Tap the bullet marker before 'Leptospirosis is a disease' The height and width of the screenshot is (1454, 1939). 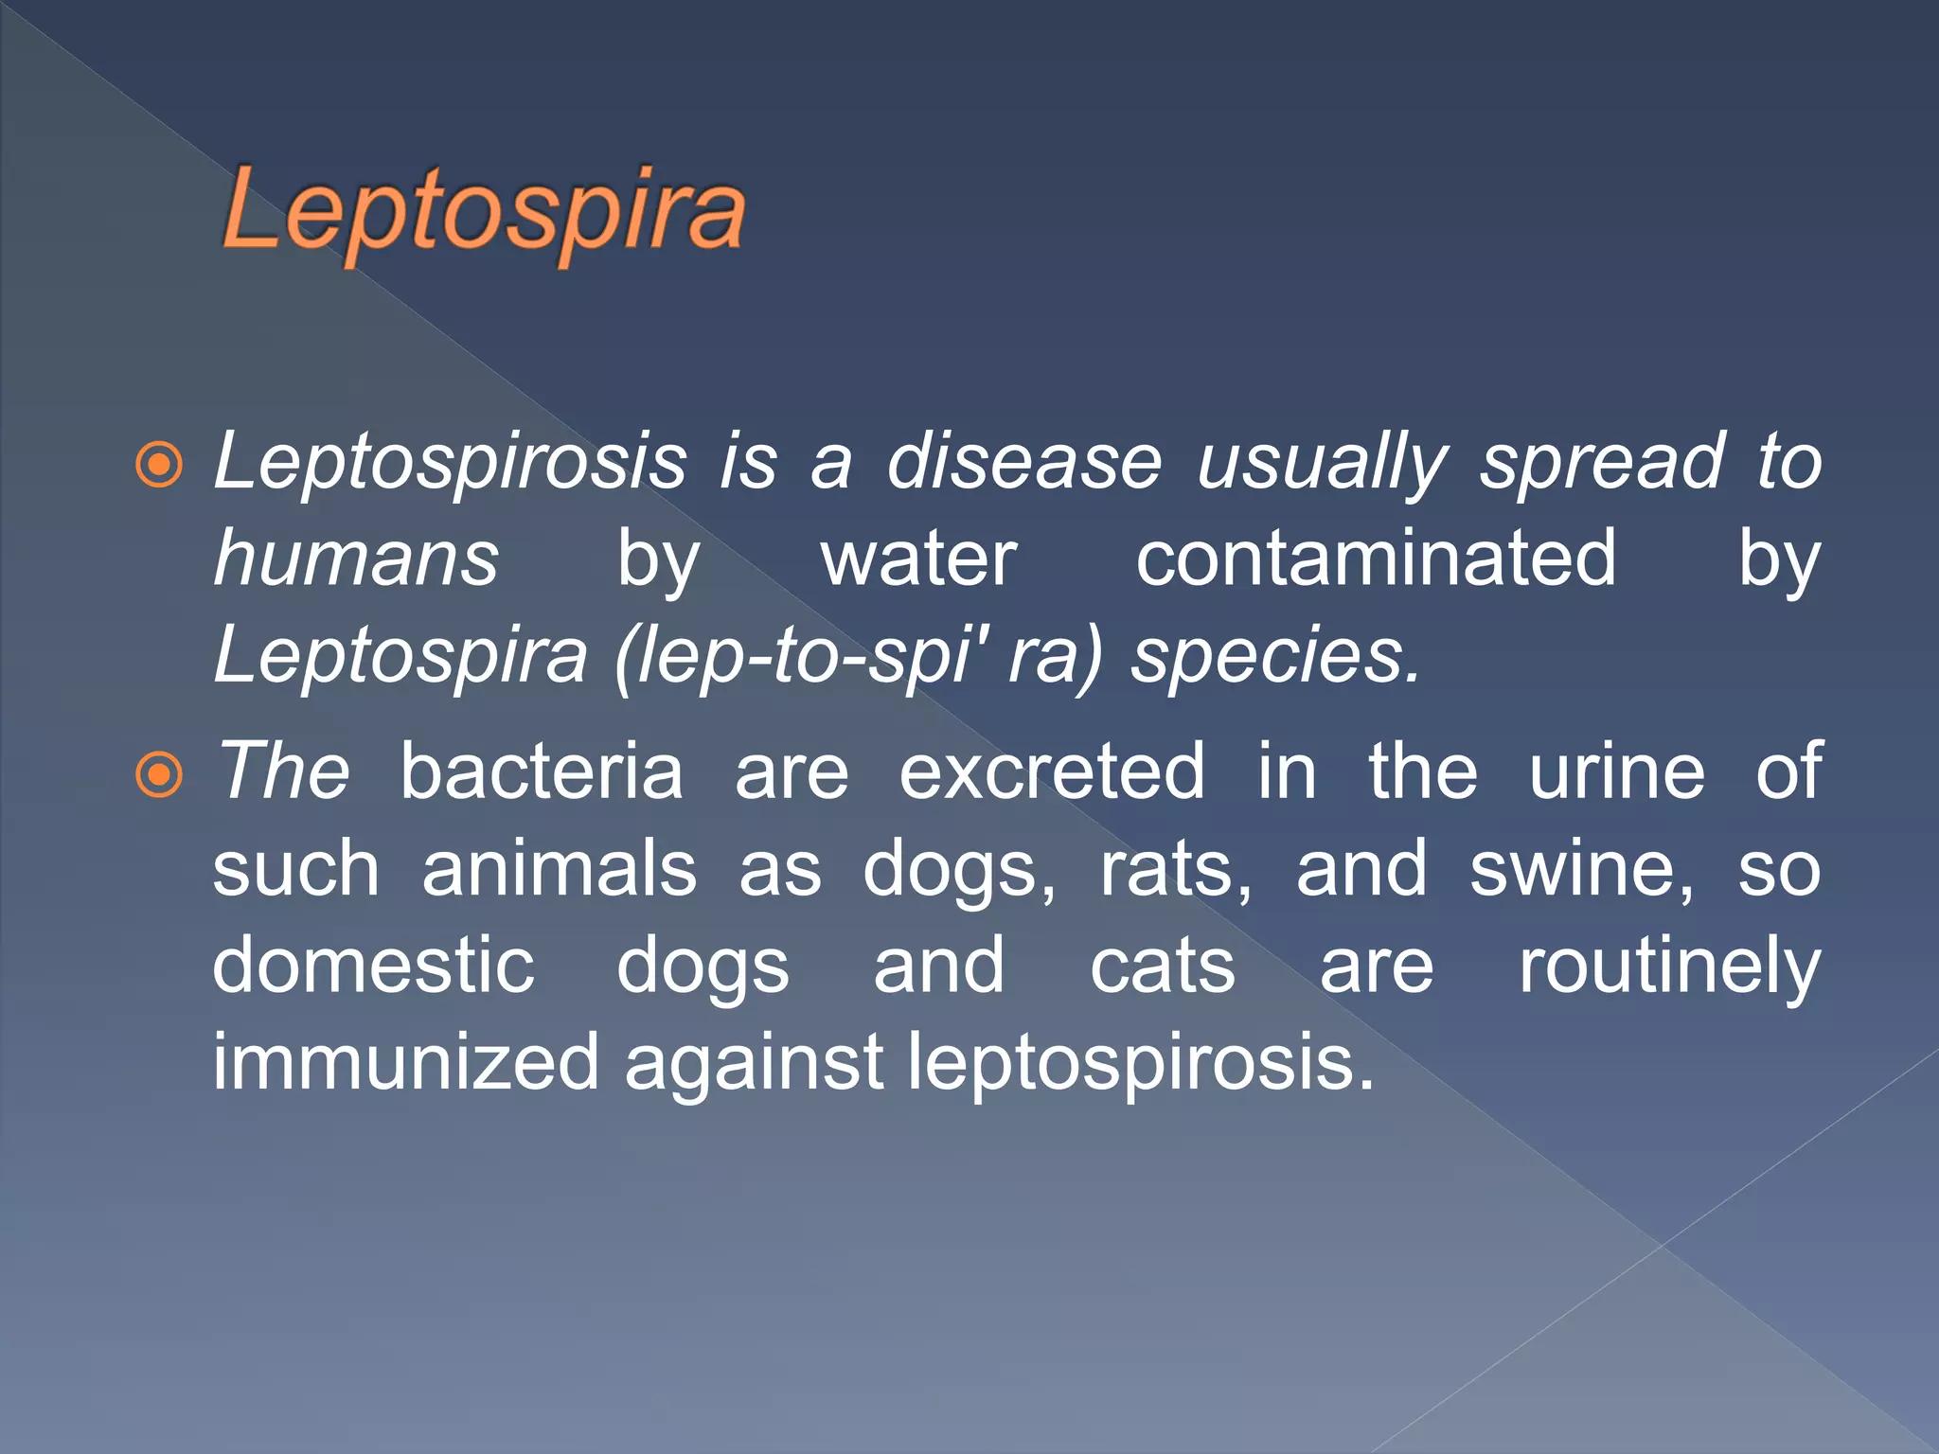159,465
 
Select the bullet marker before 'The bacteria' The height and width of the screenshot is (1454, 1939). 159,775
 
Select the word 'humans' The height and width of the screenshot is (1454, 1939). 356,559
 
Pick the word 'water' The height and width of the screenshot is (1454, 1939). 918,559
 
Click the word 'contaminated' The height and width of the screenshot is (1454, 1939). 1376,559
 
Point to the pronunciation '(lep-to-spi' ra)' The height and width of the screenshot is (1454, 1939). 858,656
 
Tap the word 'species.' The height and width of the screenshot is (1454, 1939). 1276,656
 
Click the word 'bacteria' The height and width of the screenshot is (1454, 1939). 541,771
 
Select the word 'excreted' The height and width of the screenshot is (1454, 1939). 1052,771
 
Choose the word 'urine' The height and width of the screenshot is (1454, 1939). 1617,771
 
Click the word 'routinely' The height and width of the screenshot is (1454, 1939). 1669,967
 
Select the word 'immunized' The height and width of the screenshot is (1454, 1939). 405,1063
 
